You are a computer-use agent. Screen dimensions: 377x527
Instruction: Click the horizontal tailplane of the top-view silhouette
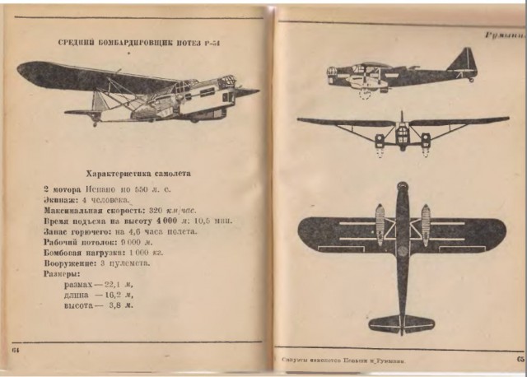pos(401,323)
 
